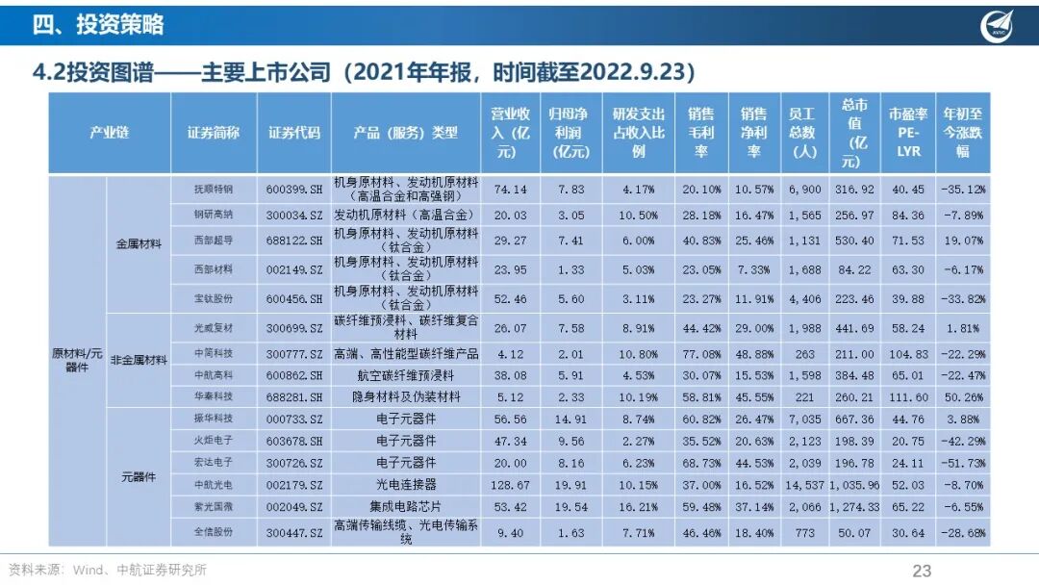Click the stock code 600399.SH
coord(294,190)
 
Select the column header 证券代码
coord(294,133)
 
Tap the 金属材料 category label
coord(139,243)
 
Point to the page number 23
coord(922,571)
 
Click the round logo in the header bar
coord(997,27)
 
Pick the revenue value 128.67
coord(510,485)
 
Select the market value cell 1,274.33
coord(855,507)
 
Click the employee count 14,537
coord(804,485)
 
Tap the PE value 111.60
coord(908,396)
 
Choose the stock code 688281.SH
coord(294,396)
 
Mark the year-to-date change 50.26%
coord(963,396)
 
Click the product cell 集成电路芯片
coord(406,507)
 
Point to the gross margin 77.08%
coord(701,354)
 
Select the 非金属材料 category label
coord(139,361)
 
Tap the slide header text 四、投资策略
coord(98,24)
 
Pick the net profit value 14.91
coord(570,419)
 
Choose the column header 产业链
coord(110,133)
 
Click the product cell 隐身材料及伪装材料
coord(406,396)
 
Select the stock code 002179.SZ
coord(294,485)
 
